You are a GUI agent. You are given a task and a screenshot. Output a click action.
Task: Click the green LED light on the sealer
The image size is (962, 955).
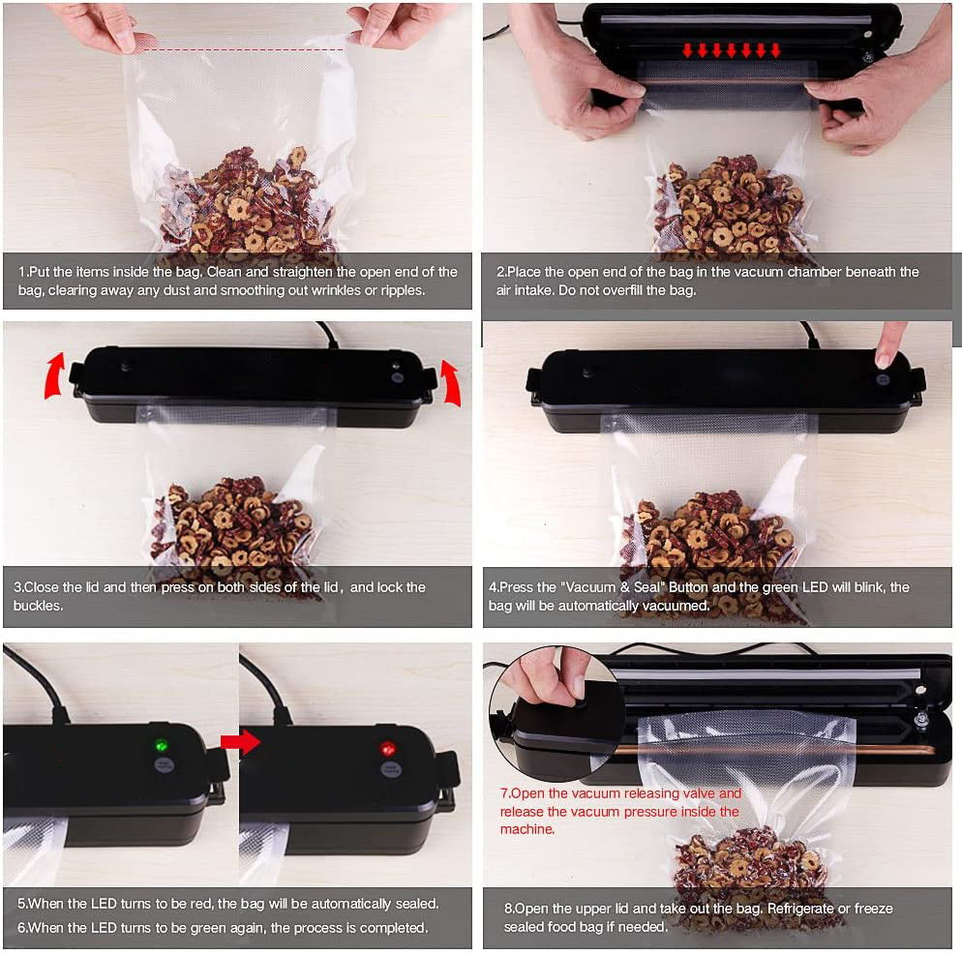tap(162, 746)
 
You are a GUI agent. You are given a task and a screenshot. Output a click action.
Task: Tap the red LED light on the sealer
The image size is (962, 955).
tap(388, 748)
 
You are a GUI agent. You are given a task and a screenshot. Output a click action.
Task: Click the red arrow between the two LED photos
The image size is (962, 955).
tap(240, 742)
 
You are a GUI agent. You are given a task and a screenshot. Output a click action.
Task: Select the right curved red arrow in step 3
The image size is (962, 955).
tap(451, 383)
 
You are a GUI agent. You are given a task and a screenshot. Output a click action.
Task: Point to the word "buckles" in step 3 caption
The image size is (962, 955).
tap(37, 606)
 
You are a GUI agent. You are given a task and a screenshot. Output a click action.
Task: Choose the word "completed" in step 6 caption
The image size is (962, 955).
tap(396, 927)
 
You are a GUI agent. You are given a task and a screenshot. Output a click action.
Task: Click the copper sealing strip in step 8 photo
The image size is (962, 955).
tap(773, 750)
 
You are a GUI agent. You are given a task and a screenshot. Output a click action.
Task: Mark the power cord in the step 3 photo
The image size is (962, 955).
tap(328, 334)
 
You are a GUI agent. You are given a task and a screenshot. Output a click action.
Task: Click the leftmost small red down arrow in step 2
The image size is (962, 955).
tap(687, 50)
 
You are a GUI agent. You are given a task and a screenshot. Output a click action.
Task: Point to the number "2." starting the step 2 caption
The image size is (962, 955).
tap(501, 272)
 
